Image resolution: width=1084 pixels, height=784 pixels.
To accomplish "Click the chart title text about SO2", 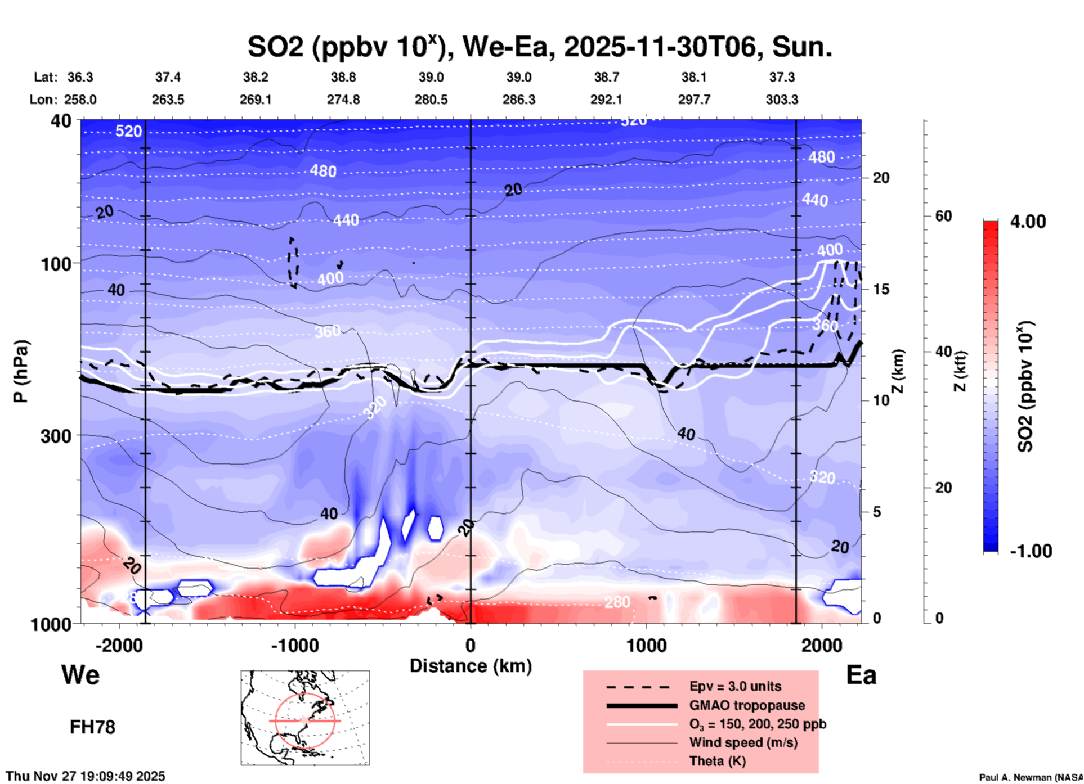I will coord(539,47).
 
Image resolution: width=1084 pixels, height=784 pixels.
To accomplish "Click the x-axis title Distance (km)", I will coord(471,666).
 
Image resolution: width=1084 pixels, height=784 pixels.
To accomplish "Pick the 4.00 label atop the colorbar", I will coord(1028,222).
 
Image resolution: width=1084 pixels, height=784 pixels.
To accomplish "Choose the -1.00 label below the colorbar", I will coord(1031,551).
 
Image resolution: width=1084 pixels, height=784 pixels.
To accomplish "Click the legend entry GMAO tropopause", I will coord(747,705).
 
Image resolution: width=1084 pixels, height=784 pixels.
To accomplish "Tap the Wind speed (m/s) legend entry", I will coord(743,742).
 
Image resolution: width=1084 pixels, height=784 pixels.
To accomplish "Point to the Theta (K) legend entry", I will coord(717,761).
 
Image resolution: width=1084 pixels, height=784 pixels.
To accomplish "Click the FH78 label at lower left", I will coord(92,727).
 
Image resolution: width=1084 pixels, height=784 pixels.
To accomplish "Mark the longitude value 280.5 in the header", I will coord(431,100).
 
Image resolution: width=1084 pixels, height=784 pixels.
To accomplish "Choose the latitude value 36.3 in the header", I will coord(80,77).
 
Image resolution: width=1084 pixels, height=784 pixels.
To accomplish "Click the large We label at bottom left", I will coord(80,674).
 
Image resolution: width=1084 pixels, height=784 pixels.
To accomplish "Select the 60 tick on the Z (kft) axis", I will coord(943,216).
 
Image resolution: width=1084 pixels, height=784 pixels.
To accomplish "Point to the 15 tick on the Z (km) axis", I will coord(881,289).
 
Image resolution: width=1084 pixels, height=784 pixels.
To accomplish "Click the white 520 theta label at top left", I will coord(128,132).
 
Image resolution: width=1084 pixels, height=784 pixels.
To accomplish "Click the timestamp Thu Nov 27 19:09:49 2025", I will coord(86,776).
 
